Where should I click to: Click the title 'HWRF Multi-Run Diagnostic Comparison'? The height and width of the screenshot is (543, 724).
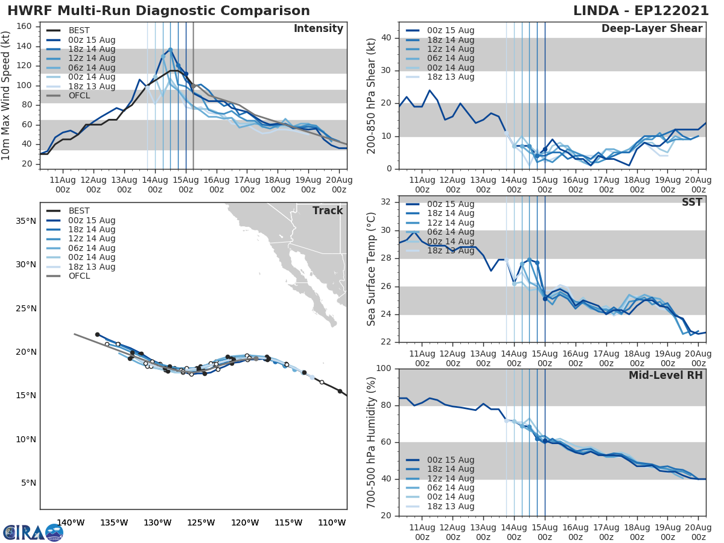pos(159,11)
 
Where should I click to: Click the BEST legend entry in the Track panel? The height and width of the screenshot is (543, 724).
pos(79,211)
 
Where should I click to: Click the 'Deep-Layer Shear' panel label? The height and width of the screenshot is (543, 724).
pos(652,29)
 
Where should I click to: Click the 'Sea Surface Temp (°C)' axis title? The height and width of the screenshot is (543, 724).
pos(372,268)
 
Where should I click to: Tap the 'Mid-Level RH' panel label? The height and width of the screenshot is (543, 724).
pos(665,375)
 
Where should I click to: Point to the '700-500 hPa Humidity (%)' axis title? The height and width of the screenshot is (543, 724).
pos(372,442)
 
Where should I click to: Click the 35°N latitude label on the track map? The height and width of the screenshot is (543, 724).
pos(25,221)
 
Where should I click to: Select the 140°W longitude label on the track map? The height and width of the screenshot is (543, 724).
pos(71,522)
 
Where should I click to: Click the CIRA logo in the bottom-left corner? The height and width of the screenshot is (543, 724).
pos(33,532)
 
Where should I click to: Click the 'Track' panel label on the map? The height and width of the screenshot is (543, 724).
pos(328,211)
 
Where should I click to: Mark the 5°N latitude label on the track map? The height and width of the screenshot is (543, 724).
pos(28,483)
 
